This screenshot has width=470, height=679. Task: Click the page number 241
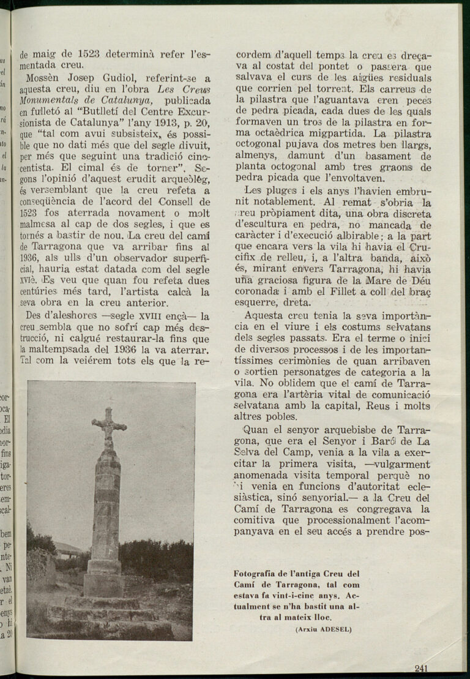[420, 668]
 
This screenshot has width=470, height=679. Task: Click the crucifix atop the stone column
[108, 426]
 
